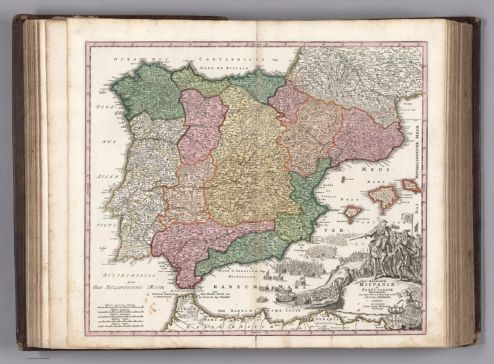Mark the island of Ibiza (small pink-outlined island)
point(352,212)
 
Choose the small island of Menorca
point(410,186)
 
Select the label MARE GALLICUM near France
point(408,106)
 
